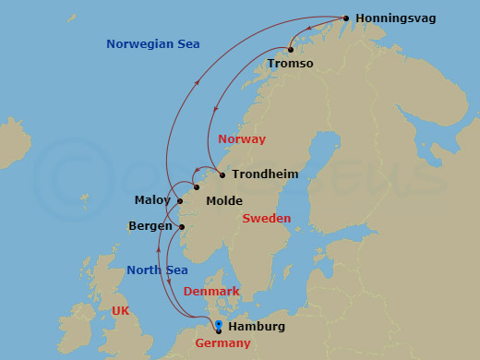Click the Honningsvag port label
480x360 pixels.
point(395,18)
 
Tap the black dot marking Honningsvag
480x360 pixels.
point(345,18)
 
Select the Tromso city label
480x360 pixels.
point(290,63)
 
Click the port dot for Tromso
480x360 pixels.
point(291,49)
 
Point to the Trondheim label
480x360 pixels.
point(266,174)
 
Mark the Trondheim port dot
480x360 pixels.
point(222,174)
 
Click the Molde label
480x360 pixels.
point(224,200)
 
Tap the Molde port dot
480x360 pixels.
point(197,187)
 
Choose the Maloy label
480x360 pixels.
point(152,200)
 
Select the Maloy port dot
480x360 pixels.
point(180,201)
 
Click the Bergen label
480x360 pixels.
point(151,226)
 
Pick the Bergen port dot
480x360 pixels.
point(182,227)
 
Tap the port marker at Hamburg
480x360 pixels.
point(218,327)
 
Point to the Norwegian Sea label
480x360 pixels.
point(152,43)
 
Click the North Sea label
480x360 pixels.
point(157,270)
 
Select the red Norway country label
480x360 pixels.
point(241,139)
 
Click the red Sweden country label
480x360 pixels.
point(266,219)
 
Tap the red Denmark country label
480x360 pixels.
point(211,291)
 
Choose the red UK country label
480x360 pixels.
point(120,311)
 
